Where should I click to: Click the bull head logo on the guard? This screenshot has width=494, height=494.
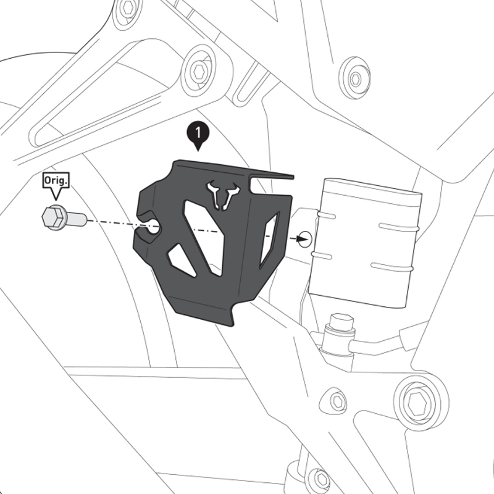(223, 193)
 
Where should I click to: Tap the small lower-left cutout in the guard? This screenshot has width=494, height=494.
(181, 260)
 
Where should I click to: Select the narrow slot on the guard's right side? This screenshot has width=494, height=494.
(270, 240)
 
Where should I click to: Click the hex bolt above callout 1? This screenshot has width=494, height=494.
(199, 71)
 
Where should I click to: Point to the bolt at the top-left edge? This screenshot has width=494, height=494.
(128, 9)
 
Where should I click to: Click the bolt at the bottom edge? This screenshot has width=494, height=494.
(319, 479)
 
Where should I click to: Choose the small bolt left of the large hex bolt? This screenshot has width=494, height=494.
(337, 401)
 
